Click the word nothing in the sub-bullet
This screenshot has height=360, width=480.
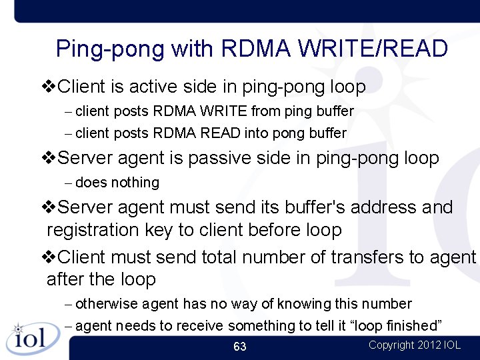[x=135, y=183]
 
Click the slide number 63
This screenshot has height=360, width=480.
[x=240, y=346]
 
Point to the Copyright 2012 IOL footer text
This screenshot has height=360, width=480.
[x=414, y=345]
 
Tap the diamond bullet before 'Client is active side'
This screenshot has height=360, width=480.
[x=49, y=87]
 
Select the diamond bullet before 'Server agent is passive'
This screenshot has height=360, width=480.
[x=49, y=159]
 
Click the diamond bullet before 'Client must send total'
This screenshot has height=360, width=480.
[x=49, y=257]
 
